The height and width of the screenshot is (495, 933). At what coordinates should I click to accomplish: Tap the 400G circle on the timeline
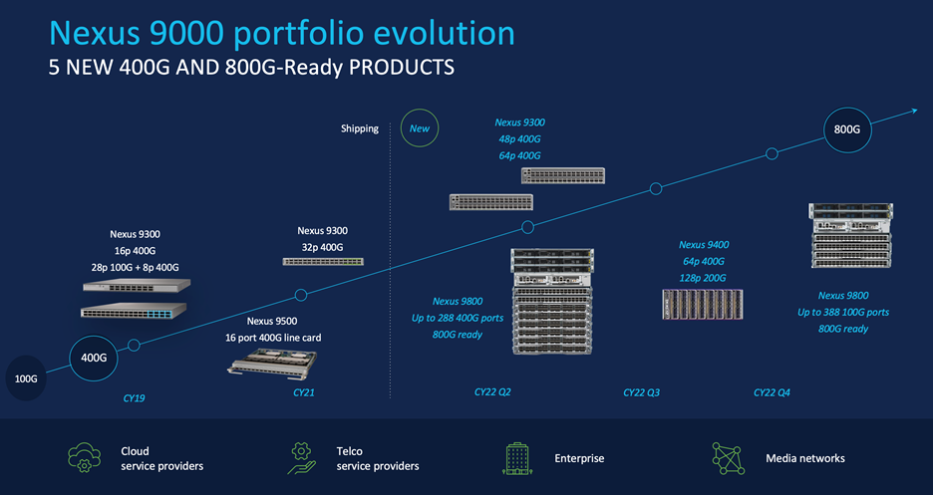coord(93,358)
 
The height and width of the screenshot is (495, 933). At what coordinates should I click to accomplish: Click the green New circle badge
coord(420,128)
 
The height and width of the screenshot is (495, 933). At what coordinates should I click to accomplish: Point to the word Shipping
coord(360,128)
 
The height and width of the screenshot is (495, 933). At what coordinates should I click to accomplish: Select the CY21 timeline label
coord(304,392)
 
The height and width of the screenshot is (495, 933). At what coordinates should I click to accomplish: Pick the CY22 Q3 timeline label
coord(641,392)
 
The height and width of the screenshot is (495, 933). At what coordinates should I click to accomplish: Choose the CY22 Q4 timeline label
coord(772,392)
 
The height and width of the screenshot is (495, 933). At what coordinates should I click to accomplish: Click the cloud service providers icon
coord(85,457)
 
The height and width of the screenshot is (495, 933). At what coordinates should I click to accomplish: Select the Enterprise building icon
coord(515,457)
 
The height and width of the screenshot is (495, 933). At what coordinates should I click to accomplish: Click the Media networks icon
coord(728,457)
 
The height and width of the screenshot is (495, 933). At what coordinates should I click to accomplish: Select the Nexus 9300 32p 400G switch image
coord(322,261)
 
